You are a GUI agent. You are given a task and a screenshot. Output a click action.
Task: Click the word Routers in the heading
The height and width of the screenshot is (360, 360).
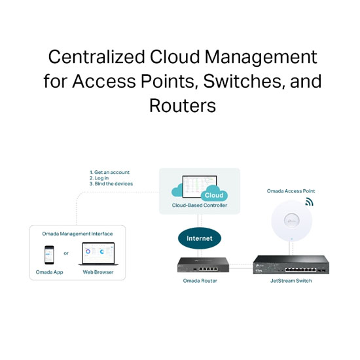183,105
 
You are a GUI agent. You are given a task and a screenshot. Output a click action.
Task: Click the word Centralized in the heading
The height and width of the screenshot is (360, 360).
96,57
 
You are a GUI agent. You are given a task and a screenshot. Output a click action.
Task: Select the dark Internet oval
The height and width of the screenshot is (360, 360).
200,238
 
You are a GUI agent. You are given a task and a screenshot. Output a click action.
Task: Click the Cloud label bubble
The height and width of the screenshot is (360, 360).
214,195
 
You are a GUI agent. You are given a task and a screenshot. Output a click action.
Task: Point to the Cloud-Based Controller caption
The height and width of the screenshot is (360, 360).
200,206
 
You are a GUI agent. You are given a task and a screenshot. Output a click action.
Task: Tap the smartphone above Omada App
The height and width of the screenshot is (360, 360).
49,255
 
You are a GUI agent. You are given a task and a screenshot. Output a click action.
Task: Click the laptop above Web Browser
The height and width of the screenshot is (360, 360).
98,254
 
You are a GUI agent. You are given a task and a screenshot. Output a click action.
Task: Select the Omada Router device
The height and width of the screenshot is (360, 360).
203,264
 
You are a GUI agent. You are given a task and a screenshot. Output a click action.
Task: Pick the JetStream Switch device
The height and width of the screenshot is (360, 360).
291,264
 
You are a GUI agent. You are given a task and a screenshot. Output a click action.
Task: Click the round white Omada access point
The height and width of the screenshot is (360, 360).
291,221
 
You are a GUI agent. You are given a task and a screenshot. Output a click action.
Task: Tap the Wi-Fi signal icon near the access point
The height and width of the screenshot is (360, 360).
309,202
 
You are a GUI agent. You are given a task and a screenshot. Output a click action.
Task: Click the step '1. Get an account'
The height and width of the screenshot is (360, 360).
109,172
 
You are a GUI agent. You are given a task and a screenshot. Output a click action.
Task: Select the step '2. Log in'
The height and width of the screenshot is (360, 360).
99,178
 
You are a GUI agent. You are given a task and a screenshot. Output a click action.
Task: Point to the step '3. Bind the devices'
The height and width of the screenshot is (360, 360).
111,184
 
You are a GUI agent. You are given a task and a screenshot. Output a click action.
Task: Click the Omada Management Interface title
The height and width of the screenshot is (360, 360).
77,234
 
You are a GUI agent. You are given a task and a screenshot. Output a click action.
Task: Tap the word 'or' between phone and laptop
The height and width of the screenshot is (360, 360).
66,253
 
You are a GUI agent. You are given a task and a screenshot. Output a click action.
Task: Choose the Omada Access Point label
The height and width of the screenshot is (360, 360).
291,191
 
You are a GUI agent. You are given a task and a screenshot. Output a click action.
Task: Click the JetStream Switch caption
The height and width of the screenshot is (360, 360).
291,281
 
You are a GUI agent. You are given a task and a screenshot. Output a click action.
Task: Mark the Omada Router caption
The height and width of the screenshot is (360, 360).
200,281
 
